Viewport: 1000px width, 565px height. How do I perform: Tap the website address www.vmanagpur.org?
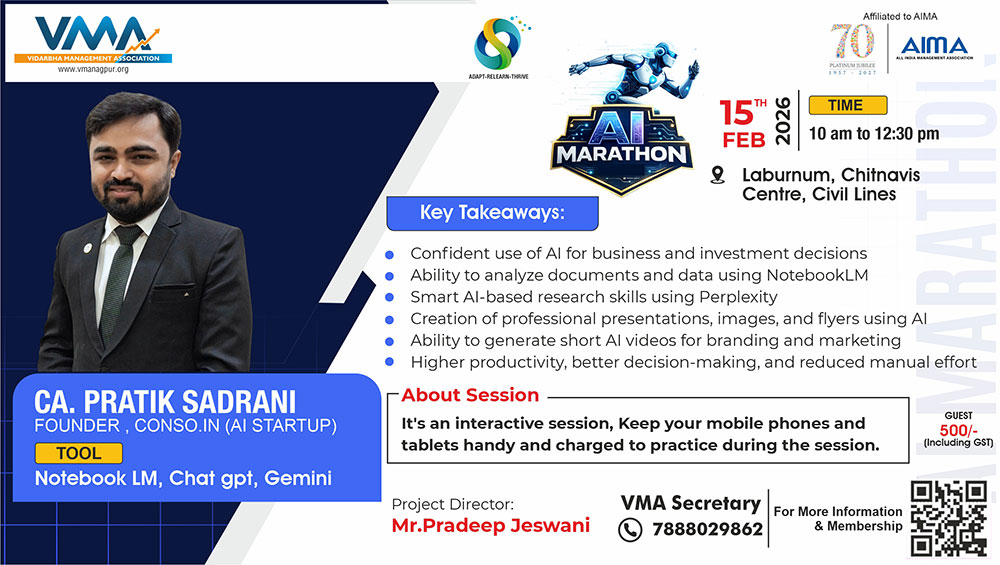point(93,70)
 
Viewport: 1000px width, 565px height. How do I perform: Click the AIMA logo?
point(934,47)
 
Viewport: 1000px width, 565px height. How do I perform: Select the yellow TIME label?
point(848,105)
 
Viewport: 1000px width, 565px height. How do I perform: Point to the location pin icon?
point(717,175)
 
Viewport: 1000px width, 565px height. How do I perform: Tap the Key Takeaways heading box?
point(492,213)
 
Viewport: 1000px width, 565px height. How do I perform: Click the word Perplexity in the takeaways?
point(738,297)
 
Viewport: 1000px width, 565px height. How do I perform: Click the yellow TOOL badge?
point(78,453)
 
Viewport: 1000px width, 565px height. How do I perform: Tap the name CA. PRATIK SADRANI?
point(165,402)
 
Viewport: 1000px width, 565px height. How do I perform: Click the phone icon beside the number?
point(630,530)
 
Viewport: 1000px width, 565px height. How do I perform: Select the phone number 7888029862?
point(707,529)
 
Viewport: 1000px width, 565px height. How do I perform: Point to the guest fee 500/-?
point(958,430)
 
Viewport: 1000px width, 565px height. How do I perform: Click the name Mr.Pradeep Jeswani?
point(490,525)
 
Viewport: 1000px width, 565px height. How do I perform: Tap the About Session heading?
point(470,395)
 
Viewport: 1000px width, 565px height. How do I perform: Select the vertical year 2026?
point(783,121)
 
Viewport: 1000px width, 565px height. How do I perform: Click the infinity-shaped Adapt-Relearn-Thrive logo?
point(498,43)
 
